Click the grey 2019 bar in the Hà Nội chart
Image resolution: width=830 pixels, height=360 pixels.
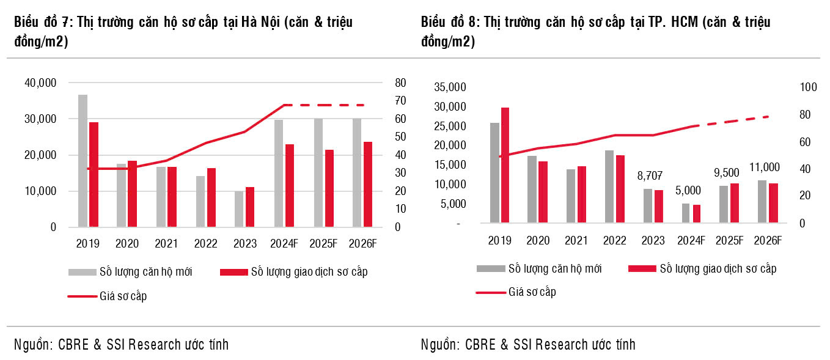pos(83,161)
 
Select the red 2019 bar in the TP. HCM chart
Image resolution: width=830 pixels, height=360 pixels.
pos(505,165)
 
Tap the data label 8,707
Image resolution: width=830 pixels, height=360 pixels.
pos(649,175)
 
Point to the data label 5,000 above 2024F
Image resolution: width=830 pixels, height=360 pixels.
pos(688,190)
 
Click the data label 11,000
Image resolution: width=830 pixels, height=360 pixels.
pos(765,167)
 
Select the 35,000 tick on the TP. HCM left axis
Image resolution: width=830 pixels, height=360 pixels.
pos(449,87)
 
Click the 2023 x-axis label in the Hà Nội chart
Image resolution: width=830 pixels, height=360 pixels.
pos(244,243)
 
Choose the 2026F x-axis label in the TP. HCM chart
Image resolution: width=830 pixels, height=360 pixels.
pos(768,240)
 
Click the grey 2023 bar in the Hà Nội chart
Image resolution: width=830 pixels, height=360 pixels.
pos(239,209)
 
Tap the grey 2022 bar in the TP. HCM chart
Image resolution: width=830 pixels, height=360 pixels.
pos(609,186)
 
